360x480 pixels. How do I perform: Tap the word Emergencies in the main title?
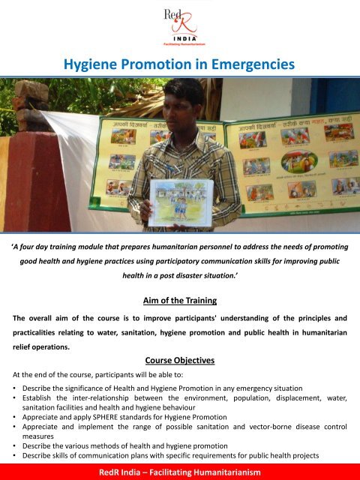[251, 66]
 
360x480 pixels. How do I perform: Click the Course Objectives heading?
[179, 361]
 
